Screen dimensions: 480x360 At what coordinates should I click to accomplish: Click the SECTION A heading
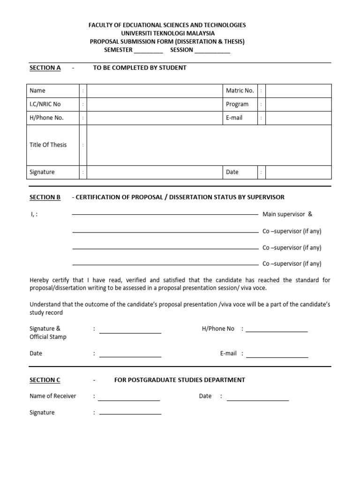click(x=45, y=67)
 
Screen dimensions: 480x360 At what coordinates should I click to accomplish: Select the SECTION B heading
click(x=45, y=197)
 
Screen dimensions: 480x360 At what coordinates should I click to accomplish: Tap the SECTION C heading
click(x=45, y=380)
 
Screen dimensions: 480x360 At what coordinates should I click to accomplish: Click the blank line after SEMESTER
click(x=145, y=51)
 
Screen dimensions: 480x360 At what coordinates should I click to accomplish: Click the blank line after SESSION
click(x=212, y=51)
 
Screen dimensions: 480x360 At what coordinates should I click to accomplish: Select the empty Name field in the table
click(x=155, y=90)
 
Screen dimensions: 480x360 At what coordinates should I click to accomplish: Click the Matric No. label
click(x=240, y=90)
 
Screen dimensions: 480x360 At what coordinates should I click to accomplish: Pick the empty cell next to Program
click(x=299, y=104)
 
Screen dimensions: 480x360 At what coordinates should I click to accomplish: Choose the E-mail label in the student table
click(x=234, y=118)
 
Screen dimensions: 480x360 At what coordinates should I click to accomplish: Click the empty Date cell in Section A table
click(x=299, y=172)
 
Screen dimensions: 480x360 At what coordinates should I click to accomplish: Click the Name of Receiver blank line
click(x=129, y=399)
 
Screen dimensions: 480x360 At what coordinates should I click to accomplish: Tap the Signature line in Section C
click(x=130, y=413)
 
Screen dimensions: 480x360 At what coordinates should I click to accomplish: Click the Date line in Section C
click(x=258, y=399)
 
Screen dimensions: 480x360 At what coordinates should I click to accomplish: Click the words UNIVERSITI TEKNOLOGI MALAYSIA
click(x=167, y=33)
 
